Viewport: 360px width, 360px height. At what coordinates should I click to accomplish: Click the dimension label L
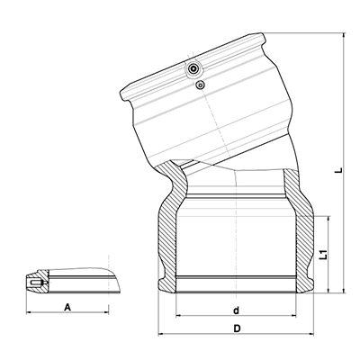(339, 170)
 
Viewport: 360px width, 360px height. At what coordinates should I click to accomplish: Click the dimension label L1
(323, 254)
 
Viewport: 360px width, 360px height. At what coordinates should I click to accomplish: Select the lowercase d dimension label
(237, 310)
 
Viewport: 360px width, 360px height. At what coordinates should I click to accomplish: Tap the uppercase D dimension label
(237, 328)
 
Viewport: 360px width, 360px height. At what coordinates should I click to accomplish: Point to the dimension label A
(68, 307)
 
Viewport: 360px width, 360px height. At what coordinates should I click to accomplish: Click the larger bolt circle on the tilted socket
(193, 69)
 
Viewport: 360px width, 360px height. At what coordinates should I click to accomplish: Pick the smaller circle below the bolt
(200, 85)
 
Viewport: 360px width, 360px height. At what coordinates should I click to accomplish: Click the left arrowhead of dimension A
(29, 312)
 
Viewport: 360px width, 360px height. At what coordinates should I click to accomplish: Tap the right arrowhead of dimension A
(106, 312)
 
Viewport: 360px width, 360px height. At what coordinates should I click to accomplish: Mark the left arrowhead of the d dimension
(178, 316)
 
